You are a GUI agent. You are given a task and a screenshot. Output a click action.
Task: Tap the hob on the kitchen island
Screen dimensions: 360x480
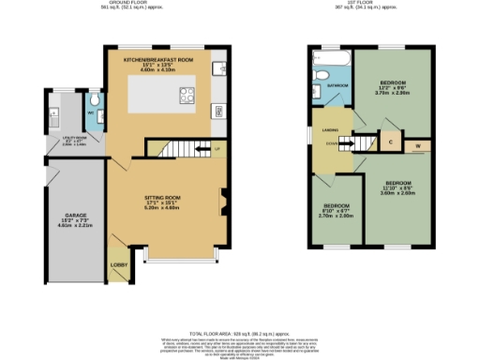(186, 94)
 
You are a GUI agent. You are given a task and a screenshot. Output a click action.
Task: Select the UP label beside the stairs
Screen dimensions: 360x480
(217, 148)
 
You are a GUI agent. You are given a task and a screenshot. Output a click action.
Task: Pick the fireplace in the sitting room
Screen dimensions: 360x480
(222, 198)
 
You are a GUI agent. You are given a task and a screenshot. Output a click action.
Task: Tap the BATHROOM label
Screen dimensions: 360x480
(338, 85)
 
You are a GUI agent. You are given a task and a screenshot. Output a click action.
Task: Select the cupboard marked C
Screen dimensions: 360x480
(390, 142)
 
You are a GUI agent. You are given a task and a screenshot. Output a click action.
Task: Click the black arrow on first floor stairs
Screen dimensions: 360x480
(347, 144)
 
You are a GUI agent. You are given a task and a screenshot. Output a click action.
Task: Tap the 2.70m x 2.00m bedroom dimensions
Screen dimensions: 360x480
(337, 215)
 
